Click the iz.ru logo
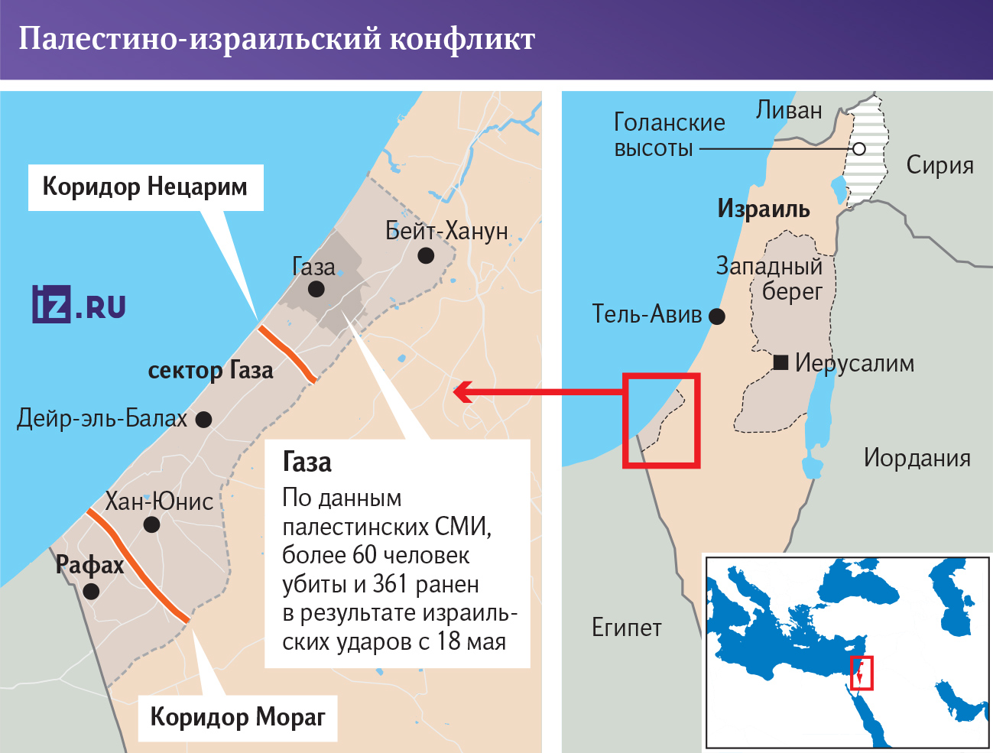79,304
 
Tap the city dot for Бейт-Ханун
426,255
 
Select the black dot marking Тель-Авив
717,316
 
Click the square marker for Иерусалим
780,362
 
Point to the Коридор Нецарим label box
145,187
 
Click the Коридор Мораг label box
237,717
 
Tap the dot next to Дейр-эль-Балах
203,419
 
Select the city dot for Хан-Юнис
151,524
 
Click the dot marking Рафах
91,591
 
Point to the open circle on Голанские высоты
859,149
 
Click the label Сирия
939,165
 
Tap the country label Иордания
917,458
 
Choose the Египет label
626,628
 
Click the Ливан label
789,111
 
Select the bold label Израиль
763,209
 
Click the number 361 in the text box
391,584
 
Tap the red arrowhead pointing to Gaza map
461,392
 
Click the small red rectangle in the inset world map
862,673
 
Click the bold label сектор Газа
210,371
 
